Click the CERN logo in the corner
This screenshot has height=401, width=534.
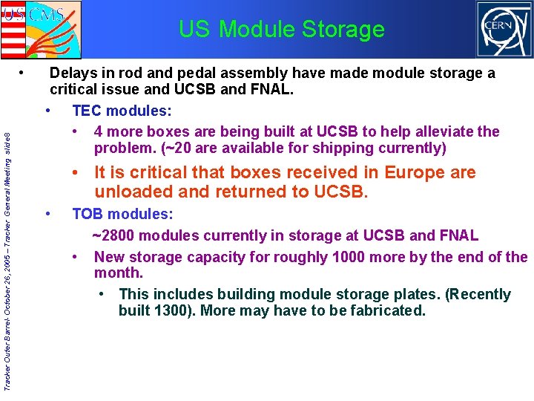coord(504,30)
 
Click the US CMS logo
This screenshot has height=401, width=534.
coord(42,28)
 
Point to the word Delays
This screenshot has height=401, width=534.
coord(74,74)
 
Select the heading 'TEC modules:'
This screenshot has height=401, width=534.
coord(122,111)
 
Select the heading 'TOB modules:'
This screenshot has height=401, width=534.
coord(122,215)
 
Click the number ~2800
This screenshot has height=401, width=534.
coord(113,236)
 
